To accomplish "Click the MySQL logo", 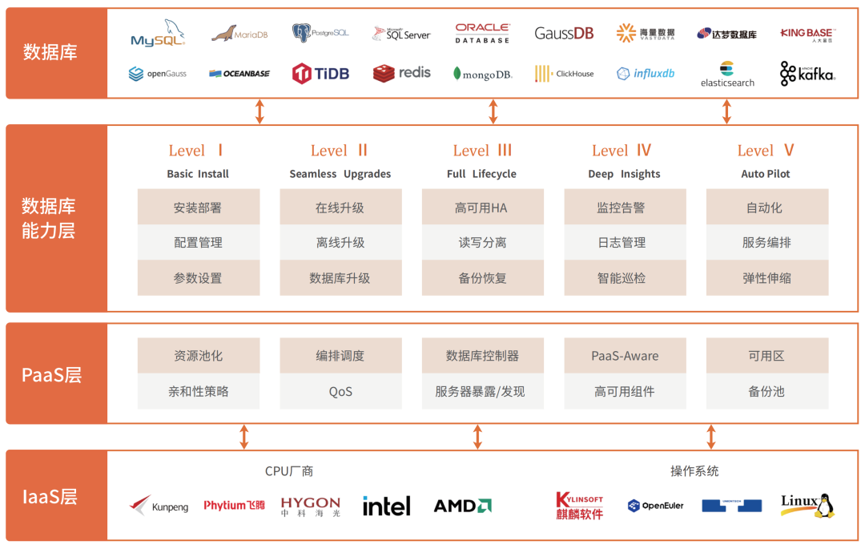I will click(x=158, y=34).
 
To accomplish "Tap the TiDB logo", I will click(x=320, y=74).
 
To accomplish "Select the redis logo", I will click(x=401, y=73).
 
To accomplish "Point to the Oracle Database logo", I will click(x=482, y=33).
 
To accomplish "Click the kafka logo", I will click(x=807, y=74).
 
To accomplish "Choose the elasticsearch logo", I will click(x=727, y=74).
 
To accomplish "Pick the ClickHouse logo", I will click(x=565, y=74).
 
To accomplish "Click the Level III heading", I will click(x=482, y=151).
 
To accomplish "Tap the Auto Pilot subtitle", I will click(x=766, y=174).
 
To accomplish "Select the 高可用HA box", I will click(x=482, y=208).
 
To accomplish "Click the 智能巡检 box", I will click(x=625, y=278).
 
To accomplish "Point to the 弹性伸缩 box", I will click(x=766, y=278).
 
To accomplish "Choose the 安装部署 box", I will click(x=198, y=208).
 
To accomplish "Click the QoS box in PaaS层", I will click(x=340, y=392).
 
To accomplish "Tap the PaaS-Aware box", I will click(x=625, y=356).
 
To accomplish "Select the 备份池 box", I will click(x=766, y=392).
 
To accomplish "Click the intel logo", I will click(x=386, y=506).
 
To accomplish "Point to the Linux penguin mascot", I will click(x=824, y=505).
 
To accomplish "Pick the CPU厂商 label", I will click(x=289, y=471).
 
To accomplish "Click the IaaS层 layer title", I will click(x=50, y=496).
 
